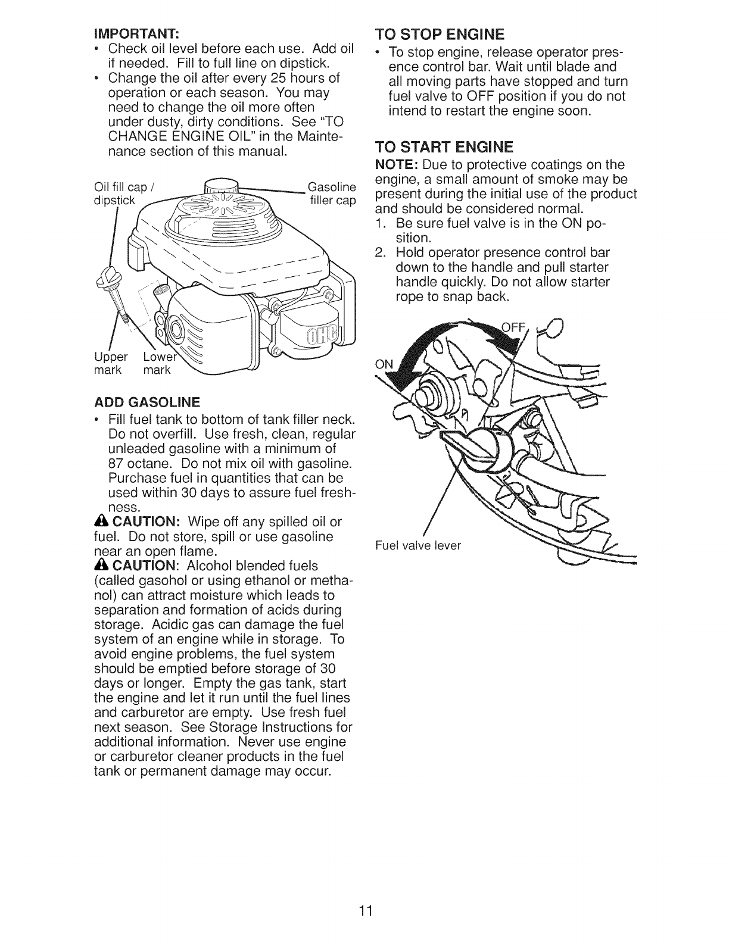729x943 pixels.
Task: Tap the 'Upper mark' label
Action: click(111, 363)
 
